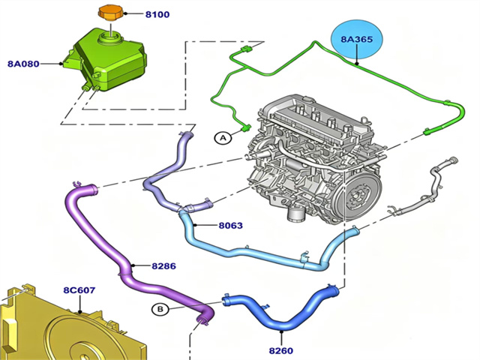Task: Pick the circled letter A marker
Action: pos(222,137)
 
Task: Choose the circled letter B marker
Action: pos(159,309)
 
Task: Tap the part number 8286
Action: pos(163,265)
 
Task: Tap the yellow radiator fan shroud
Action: pos(67,330)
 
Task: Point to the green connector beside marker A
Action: pos(245,128)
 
